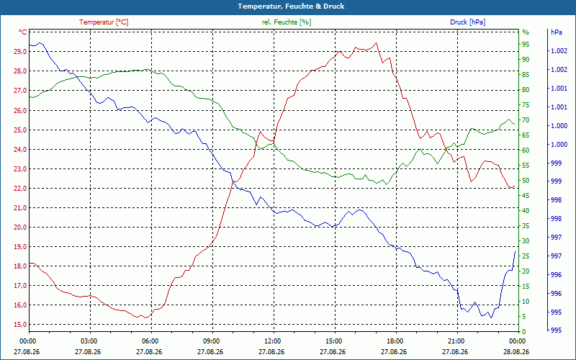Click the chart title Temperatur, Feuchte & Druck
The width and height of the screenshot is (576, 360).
pyautogui.click(x=291, y=6)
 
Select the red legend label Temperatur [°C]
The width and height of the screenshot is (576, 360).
pyautogui.click(x=104, y=22)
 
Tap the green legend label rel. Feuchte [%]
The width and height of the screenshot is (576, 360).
pyautogui.click(x=286, y=22)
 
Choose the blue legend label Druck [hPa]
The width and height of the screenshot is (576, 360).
pyautogui.click(x=467, y=22)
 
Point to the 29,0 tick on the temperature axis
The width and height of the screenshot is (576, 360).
pyautogui.click(x=20, y=52)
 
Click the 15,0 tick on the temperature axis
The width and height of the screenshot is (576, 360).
pyautogui.click(x=20, y=325)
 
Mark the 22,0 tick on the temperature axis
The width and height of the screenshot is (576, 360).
pyautogui.click(x=20, y=189)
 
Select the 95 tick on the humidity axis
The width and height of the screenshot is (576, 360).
pyautogui.click(x=526, y=45)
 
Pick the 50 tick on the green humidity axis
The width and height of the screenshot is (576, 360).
pyautogui.click(x=526, y=181)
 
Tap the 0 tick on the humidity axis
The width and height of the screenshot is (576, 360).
pyautogui.click(x=524, y=332)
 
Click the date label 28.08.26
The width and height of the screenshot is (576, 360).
pyautogui.click(x=516, y=352)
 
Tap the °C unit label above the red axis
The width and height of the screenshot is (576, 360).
pyautogui.click(x=23, y=32)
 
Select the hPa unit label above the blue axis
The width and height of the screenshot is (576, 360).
pyautogui.click(x=557, y=32)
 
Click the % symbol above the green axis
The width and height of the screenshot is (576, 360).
pyautogui.click(x=526, y=32)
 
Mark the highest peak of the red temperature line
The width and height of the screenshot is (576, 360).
pyautogui.click(x=376, y=43)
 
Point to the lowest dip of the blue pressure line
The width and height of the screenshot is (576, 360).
pyautogui.click(x=491, y=318)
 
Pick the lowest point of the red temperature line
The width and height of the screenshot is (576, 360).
pyautogui.click(x=146, y=318)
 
